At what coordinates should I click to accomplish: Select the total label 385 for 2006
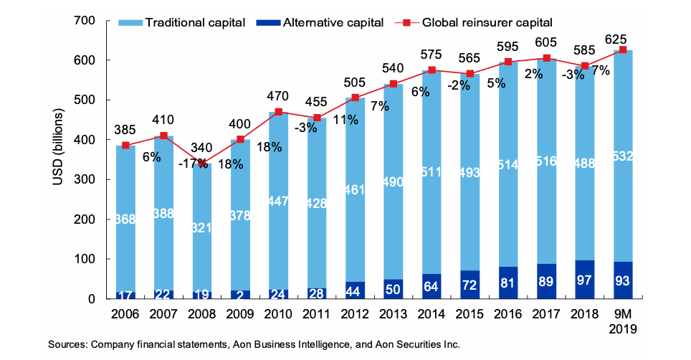[x=126, y=130]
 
